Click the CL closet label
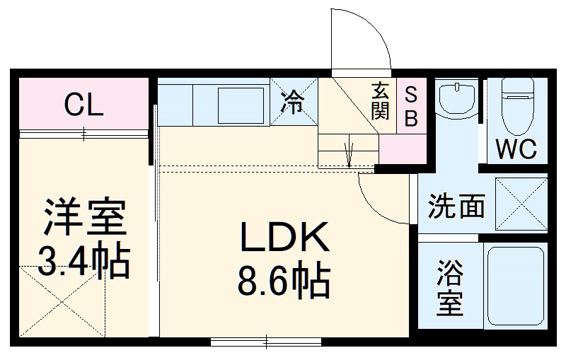(x=84, y=105)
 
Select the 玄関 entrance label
(x=380, y=101)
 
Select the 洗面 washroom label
(x=456, y=207)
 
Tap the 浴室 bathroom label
(x=450, y=287)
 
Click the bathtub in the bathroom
(x=516, y=286)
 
